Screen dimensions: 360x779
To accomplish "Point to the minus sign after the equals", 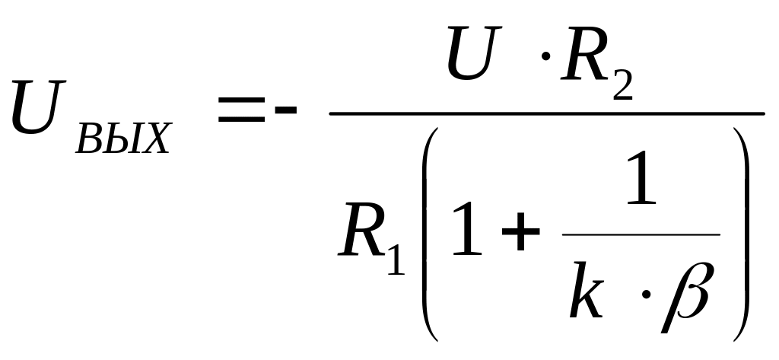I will (x=286, y=112).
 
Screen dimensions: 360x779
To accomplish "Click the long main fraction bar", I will (x=546, y=114).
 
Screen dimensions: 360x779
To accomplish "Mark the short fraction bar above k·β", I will (x=641, y=234).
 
